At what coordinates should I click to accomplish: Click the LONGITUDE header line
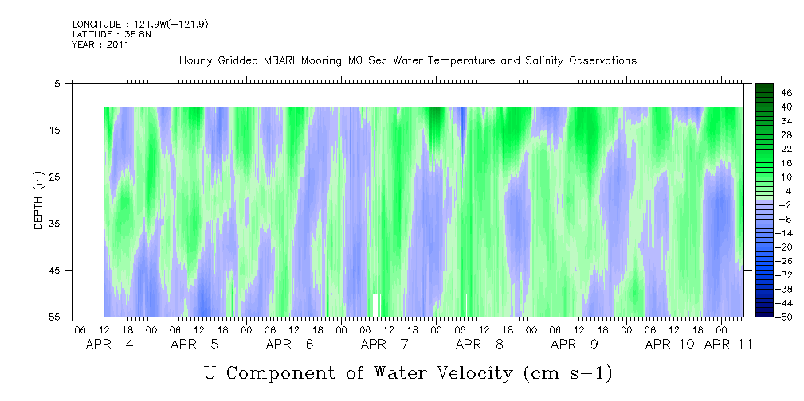pyautogui.click(x=140, y=24)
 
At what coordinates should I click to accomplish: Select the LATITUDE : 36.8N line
pyautogui.click(x=110, y=34)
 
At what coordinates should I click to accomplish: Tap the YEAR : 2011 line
pyautogui.click(x=100, y=45)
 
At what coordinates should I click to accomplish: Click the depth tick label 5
pyautogui.click(x=57, y=84)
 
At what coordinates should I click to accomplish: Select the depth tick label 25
pyautogui.click(x=54, y=177)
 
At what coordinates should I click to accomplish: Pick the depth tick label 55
pyautogui.click(x=54, y=317)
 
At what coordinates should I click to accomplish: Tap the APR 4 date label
pyautogui.click(x=109, y=345)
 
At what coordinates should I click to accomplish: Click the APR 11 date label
pyautogui.click(x=728, y=345)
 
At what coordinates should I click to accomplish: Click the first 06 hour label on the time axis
pyautogui.click(x=80, y=329)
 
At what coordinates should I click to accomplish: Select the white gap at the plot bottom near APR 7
pyautogui.click(x=376, y=306)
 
